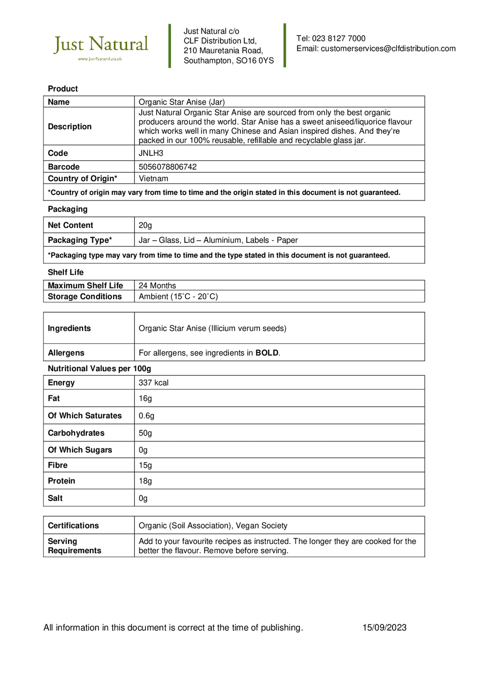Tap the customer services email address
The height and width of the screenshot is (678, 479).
point(388,48)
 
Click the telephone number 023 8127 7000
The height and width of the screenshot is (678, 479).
point(338,39)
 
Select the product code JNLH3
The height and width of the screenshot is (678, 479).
point(151,153)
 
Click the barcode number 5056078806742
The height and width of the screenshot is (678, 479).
point(167,167)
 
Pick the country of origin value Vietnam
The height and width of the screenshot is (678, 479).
point(153,178)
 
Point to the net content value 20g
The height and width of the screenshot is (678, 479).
point(145,225)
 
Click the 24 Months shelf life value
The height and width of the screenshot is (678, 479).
point(157,285)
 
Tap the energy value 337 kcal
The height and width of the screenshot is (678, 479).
point(153,383)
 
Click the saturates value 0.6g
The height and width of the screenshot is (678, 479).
point(146,416)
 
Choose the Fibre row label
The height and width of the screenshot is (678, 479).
point(58,465)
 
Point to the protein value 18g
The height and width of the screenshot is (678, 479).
point(145,481)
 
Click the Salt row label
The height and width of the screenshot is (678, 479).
point(55,498)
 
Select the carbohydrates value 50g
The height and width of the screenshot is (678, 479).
point(145,433)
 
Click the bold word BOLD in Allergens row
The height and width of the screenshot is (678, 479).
point(267,353)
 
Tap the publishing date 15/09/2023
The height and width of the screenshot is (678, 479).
point(384,627)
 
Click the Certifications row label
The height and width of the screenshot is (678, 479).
point(73,526)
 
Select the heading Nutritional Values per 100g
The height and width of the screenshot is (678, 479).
point(99,369)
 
